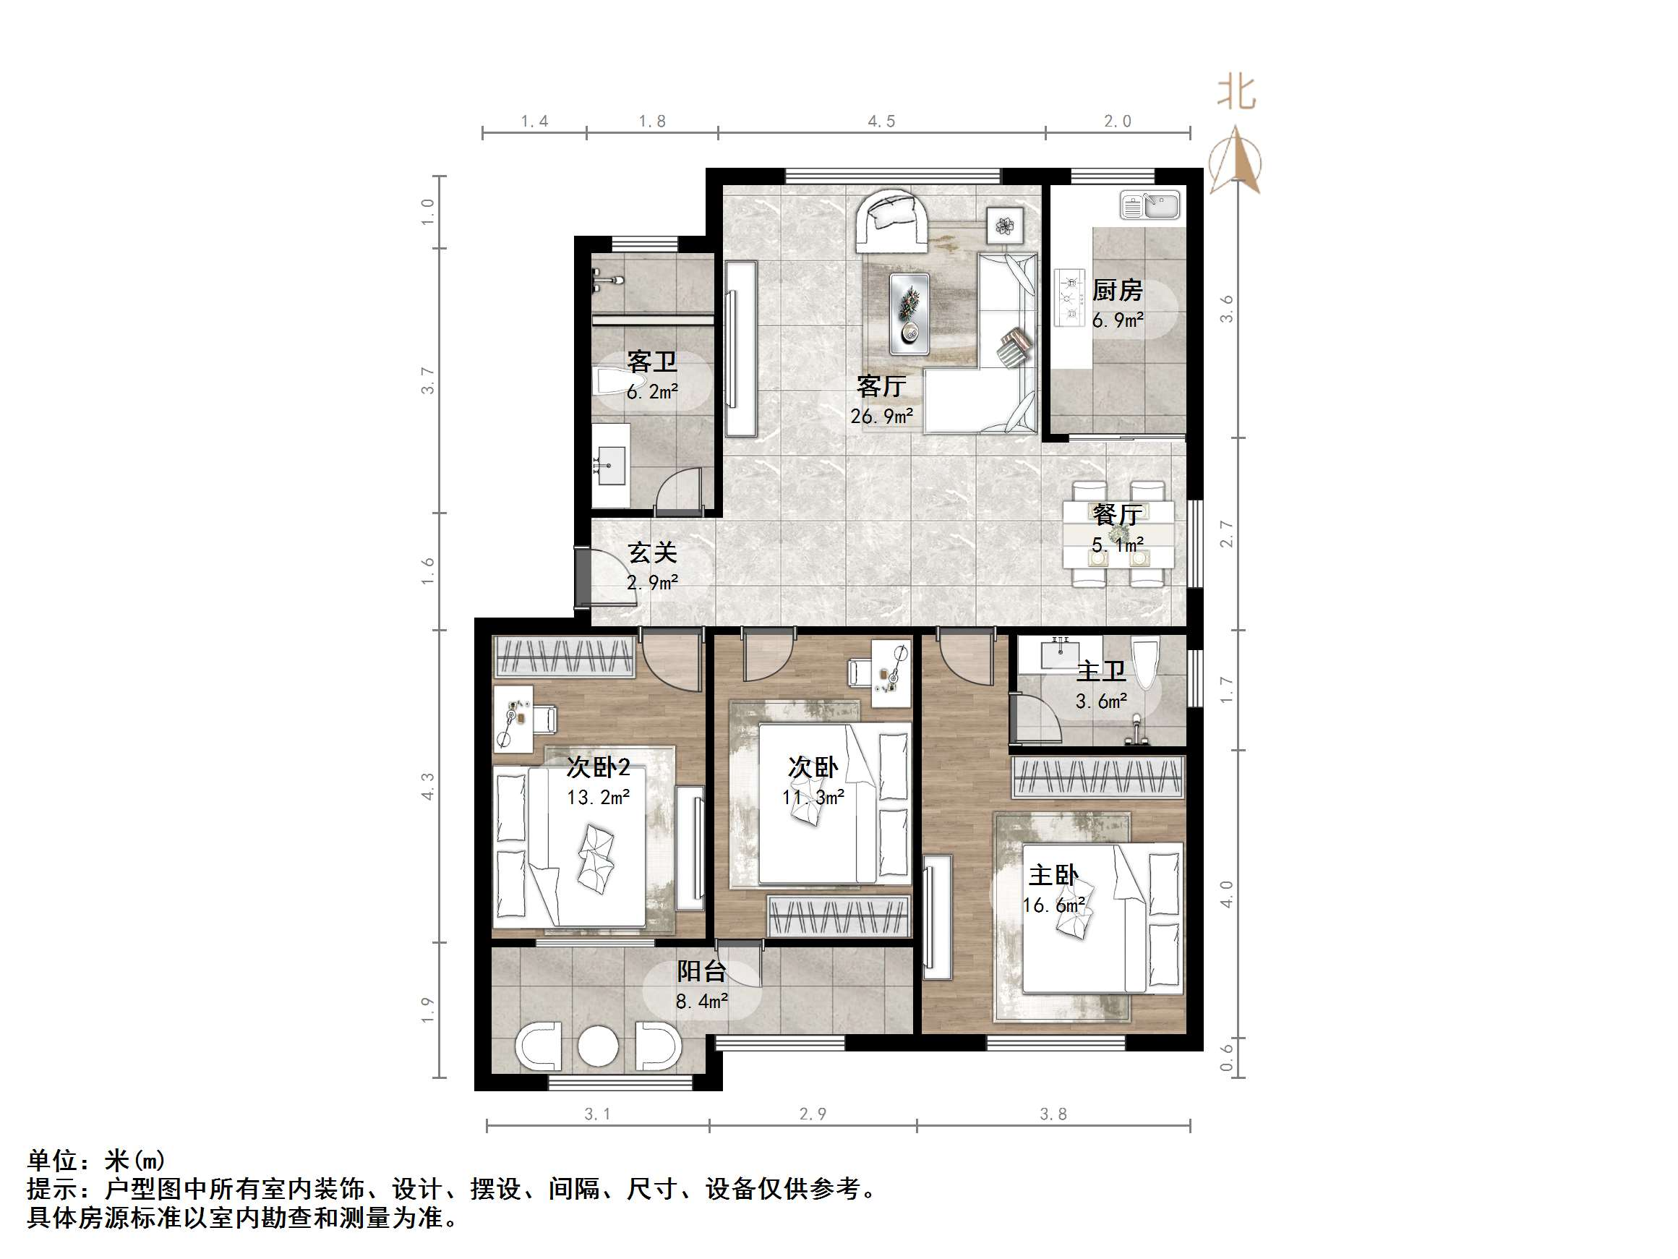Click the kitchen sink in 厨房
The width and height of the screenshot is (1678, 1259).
(1150, 205)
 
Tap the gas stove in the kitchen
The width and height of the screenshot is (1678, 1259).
(1069, 298)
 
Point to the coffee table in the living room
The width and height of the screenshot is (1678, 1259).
(909, 313)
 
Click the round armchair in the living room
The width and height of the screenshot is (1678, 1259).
(891, 220)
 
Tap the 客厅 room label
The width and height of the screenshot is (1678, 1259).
(881, 387)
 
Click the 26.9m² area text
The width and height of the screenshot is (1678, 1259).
(881, 416)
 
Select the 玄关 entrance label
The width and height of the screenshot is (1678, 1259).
(652, 552)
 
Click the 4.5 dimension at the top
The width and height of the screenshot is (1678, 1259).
(881, 121)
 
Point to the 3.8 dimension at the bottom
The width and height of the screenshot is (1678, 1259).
(1053, 1114)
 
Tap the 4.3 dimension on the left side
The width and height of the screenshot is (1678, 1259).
(429, 786)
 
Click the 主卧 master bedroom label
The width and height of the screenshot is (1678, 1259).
(1053, 876)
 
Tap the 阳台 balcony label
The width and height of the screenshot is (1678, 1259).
(702, 971)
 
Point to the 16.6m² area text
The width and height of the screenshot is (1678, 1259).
(1053, 905)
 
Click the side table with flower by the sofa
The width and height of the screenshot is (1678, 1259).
(1005, 226)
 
